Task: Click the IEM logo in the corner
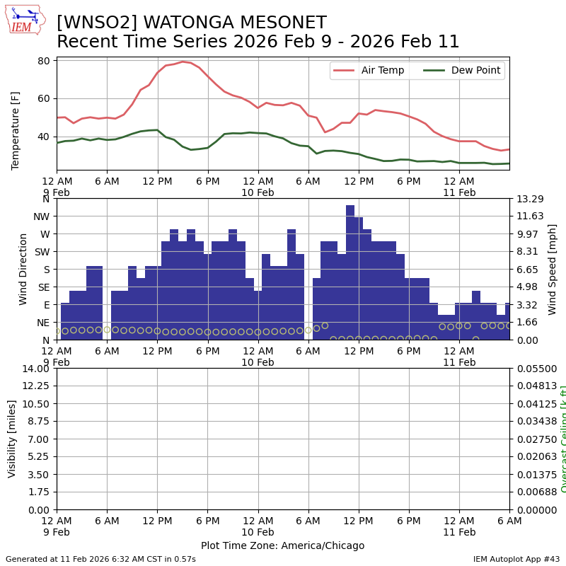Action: click(24, 20)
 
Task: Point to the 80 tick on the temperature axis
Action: click(43, 61)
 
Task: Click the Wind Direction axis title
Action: click(23, 269)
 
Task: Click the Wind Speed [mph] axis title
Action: click(553, 269)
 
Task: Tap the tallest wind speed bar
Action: click(350, 272)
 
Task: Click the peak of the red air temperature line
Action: click(183, 62)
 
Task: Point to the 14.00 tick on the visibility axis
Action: click(37, 369)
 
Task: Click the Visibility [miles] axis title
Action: click(12, 439)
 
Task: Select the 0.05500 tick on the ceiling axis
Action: click(536, 369)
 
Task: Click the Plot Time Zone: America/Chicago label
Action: click(282, 545)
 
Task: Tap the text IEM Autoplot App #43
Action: click(516, 559)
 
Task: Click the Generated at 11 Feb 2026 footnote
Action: click(100, 559)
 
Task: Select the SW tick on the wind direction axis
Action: click(41, 251)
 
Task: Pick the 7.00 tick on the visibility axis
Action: click(40, 439)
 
